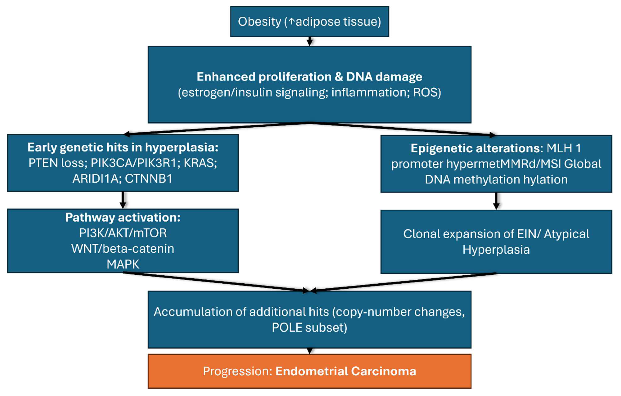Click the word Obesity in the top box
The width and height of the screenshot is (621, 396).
pos(259,22)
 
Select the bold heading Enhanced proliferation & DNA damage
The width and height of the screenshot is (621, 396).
pos(309,77)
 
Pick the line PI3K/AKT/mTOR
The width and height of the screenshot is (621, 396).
pos(123,233)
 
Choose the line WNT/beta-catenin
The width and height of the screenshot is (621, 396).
pos(123,249)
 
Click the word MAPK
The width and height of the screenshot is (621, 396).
pos(123,264)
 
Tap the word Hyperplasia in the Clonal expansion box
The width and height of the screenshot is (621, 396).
pos(496,250)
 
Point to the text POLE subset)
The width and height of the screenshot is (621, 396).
pos(309,328)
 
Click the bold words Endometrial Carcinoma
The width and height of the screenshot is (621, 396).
pos(346,371)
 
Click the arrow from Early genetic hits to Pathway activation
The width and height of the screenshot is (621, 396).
pos(123,200)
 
